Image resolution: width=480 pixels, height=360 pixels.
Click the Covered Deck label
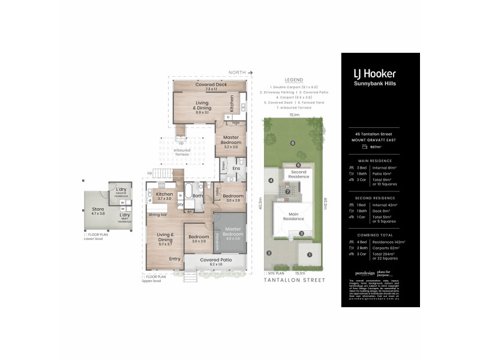[209, 85]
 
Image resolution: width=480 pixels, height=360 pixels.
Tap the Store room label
[98, 211]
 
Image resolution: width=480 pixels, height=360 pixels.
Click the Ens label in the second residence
[237, 169]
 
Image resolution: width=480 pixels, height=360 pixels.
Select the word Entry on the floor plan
[175, 259]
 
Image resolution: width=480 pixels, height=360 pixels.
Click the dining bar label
[158, 214]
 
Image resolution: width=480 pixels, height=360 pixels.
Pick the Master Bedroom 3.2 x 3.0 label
[231, 143]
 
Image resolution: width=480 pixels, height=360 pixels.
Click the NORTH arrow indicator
[241, 73]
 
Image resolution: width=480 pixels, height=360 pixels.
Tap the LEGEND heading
[294, 80]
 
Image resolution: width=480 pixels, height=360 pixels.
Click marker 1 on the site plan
[310, 254]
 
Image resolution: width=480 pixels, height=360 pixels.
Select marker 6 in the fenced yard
[292, 143]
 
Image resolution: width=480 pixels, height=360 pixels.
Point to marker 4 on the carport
[271, 180]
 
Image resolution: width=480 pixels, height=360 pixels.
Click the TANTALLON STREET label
[294, 280]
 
